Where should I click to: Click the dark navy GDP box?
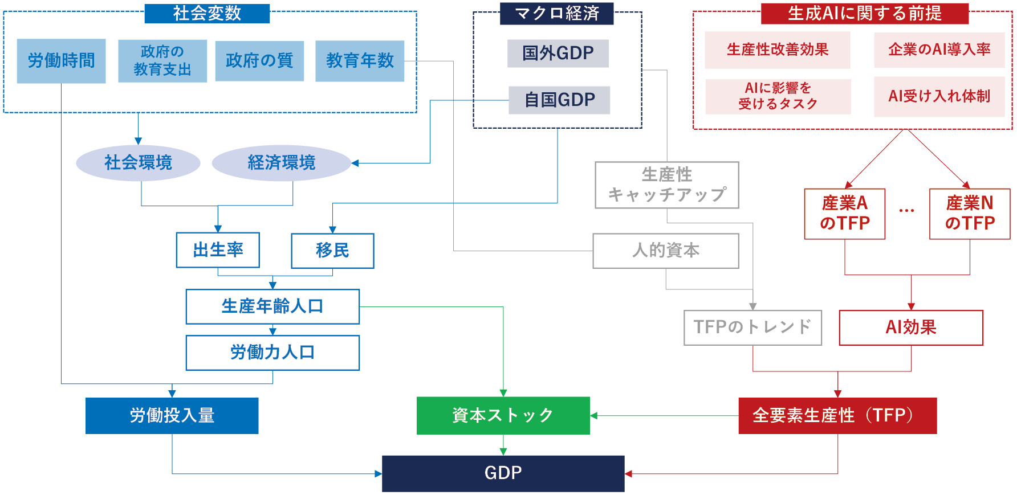[503, 473]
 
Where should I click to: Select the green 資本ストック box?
[503, 415]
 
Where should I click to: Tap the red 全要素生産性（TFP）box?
[837, 415]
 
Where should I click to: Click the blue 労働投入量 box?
[172, 415]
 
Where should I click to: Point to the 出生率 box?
[218, 249]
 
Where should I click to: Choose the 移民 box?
[332, 250]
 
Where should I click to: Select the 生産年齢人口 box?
[272, 306]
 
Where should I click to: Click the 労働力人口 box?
[272, 353]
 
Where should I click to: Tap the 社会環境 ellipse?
[138, 163]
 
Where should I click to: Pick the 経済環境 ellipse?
[281, 163]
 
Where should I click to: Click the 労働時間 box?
[61, 60]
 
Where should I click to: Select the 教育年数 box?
[360, 60]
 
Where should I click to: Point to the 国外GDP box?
[558, 53]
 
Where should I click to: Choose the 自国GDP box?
[559, 100]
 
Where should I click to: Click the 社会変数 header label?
[206, 13]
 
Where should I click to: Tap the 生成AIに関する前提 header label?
[864, 13]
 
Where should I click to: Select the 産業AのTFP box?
[844, 214]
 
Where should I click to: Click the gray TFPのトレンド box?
[752, 328]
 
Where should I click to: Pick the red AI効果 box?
[910, 328]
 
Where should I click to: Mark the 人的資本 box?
[665, 251]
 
